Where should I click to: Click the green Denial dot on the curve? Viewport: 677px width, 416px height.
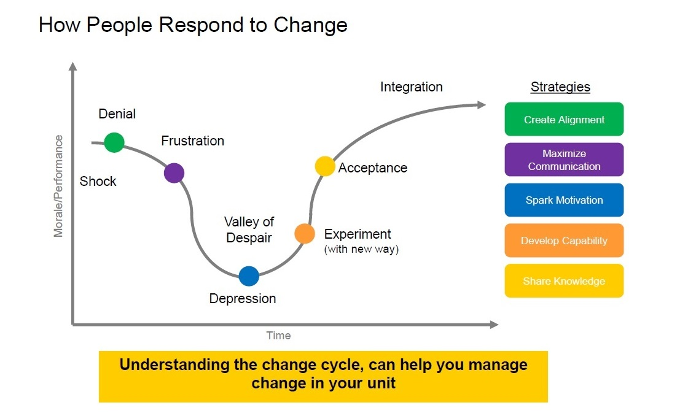pos(114,142)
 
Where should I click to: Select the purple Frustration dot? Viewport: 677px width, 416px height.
pos(174,173)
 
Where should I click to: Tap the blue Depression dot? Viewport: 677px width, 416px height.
pos(249,276)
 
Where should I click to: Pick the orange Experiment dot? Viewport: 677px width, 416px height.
pos(304,234)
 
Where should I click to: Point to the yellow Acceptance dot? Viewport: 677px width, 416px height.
pos(325,166)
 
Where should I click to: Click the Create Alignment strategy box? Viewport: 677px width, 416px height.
pos(564,119)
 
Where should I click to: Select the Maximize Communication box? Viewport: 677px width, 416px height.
pos(564,160)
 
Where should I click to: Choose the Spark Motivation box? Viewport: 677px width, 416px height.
pos(564,200)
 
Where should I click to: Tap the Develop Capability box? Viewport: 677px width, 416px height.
pos(564,241)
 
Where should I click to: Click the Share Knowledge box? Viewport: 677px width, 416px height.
pos(564,280)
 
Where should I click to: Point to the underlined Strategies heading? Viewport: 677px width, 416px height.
pos(560,87)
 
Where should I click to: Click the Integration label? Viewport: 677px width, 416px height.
pos(411,87)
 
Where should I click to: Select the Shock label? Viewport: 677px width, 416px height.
pos(98,181)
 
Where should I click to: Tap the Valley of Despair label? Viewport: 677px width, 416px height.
pos(249,229)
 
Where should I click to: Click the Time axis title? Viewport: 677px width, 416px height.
pos(278,336)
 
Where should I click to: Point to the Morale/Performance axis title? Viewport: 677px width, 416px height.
pos(58,187)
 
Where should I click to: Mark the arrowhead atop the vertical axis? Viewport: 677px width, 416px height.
pos(73,66)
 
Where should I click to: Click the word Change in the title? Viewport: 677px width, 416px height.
pos(310,25)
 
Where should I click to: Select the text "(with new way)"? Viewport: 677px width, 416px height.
pos(361,249)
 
